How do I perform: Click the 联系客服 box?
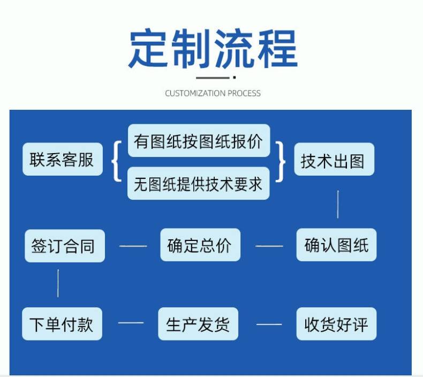pyautogui.click(x=62, y=160)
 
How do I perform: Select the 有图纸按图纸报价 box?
pyautogui.click(x=199, y=141)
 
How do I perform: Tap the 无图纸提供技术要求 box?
pyautogui.click(x=199, y=184)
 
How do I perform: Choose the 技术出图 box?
pyautogui.click(x=334, y=160)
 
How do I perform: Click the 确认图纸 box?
pyautogui.click(x=336, y=245)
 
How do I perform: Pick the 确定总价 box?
pyautogui.click(x=200, y=245)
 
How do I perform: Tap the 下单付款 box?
pyautogui.click(x=62, y=324)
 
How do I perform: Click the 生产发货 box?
pyautogui.click(x=198, y=324)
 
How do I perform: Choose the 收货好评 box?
pyautogui.click(x=336, y=324)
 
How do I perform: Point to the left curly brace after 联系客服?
pyautogui.click(x=116, y=161)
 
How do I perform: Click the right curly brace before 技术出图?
pyautogui.click(x=281, y=161)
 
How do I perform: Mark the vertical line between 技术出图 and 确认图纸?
pyautogui.click(x=338, y=204)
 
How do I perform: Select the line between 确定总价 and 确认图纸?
pyautogui.click(x=269, y=246)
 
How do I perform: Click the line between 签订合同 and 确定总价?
pyautogui.click(x=132, y=246)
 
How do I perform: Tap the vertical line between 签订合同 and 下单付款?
pyautogui.click(x=58, y=284)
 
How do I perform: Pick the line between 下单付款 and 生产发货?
pyautogui.click(x=131, y=323)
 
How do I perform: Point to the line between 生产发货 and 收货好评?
pyautogui.click(x=269, y=324)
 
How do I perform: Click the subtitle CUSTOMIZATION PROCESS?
pyautogui.click(x=213, y=93)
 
